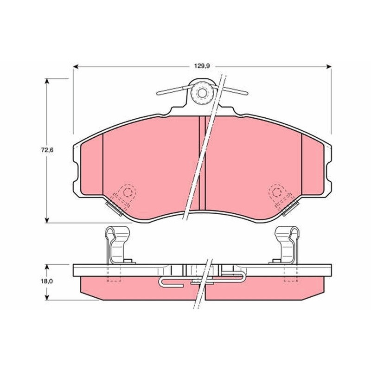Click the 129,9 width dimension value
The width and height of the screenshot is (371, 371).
pyautogui.click(x=202, y=66)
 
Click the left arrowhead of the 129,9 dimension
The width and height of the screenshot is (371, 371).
pyautogui.click(x=76, y=67)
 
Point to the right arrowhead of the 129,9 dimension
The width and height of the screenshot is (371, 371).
pyautogui.click(x=329, y=67)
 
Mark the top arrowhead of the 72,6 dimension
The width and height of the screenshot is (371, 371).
pyautogui.click(x=47, y=81)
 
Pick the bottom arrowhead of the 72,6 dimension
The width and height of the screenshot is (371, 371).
pyautogui.click(x=47, y=220)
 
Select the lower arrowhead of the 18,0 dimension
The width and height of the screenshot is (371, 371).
pyautogui.click(x=47, y=297)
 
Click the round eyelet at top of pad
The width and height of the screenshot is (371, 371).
pyautogui.click(x=202, y=93)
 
